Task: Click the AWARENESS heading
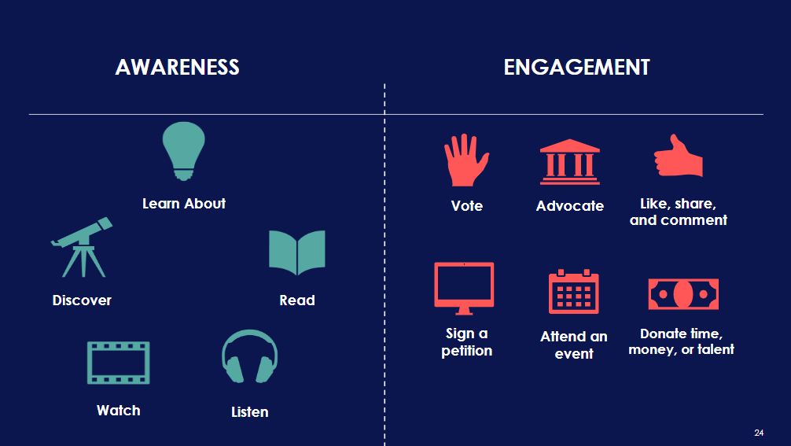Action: (177, 68)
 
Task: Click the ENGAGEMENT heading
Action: (576, 68)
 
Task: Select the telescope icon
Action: (82, 246)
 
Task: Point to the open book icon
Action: (296, 252)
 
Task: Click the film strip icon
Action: (118, 362)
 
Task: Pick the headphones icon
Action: (249, 358)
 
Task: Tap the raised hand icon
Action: (465, 160)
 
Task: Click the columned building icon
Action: (569, 162)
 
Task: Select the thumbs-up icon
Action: (679, 157)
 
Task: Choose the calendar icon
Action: (573, 292)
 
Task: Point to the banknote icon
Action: (682, 294)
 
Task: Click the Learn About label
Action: (184, 204)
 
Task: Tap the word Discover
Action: (82, 300)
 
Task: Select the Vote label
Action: (467, 206)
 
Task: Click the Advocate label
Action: (570, 206)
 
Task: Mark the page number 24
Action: (759, 433)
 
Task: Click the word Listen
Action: (249, 412)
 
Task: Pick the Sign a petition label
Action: (466, 342)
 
